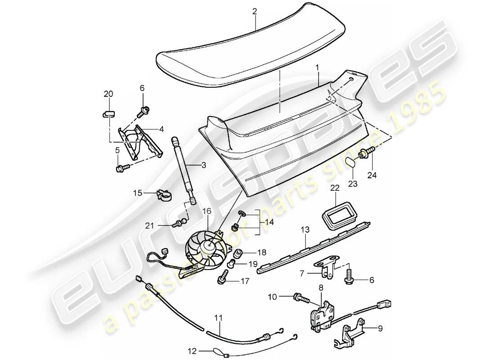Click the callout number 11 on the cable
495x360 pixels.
tap(218, 318)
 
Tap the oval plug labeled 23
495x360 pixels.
tap(352, 162)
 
